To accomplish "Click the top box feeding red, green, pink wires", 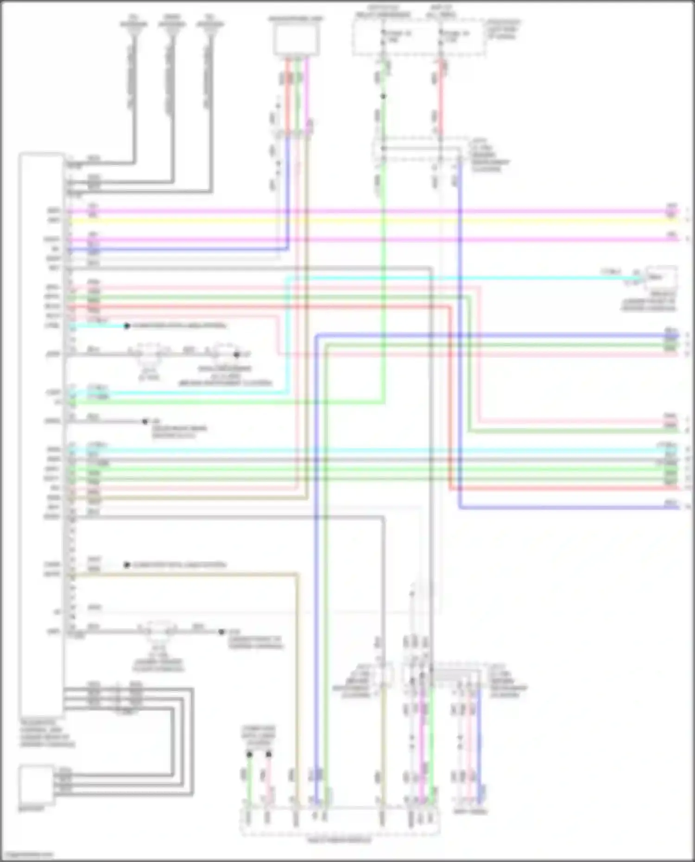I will click(x=296, y=40).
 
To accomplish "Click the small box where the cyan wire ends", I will click(x=661, y=277).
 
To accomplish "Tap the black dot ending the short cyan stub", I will click(x=126, y=326).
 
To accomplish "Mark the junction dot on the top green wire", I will click(x=383, y=96).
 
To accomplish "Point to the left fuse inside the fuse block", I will click(x=383, y=37).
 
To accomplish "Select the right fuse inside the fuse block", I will click(x=441, y=37).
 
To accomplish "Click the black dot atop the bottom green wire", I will click(x=249, y=755).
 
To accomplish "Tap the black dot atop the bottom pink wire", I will click(x=268, y=755).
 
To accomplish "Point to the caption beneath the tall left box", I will click(x=47, y=733).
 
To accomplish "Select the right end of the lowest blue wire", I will click(x=677, y=508).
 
